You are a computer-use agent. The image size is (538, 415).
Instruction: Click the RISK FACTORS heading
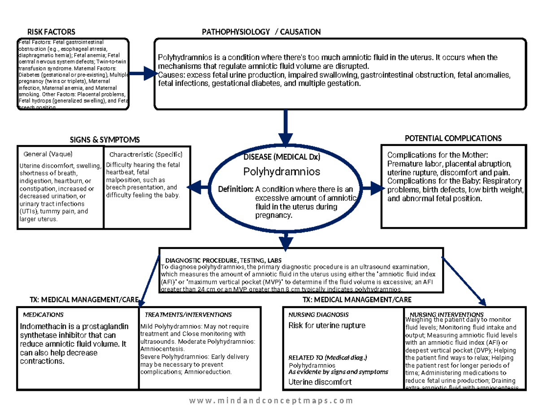tap(51, 32)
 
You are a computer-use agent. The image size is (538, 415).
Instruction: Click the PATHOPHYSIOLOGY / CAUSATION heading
tap(261, 32)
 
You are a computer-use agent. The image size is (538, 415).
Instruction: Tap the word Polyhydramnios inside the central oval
tap(282, 171)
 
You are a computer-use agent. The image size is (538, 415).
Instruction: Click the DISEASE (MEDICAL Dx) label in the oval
tap(282, 157)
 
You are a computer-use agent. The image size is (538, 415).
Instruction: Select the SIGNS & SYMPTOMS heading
tap(104, 140)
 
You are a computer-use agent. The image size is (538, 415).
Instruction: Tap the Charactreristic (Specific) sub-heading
tap(146, 155)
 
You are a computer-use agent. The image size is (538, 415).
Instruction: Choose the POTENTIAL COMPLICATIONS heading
tap(453, 138)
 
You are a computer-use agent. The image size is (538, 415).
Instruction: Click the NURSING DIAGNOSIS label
tap(318, 315)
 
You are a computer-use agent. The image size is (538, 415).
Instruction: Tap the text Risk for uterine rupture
tap(327, 325)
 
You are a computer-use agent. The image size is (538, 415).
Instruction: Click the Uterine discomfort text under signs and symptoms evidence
tap(320, 382)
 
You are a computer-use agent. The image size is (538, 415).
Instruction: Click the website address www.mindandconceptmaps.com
tap(271, 401)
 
